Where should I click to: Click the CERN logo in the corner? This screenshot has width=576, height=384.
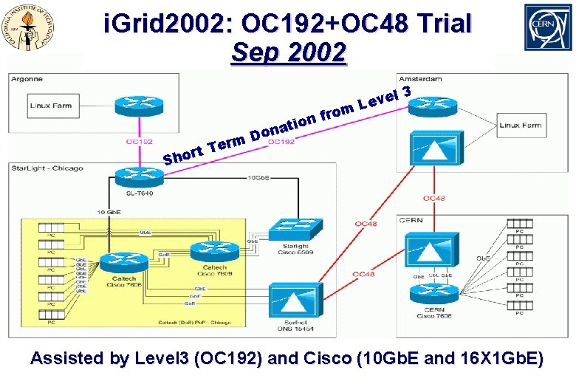(x=547, y=27)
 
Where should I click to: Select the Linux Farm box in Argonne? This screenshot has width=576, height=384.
(x=51, y=106)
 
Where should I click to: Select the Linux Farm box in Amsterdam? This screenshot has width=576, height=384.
(x=521, y=126)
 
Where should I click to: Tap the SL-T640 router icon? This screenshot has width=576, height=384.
(x=133, y=176)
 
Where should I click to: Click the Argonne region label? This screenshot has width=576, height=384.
(x=27, y=79)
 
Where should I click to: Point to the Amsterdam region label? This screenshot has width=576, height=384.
(x=419, y=78)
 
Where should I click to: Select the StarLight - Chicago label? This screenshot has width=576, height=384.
(x=46, y=168)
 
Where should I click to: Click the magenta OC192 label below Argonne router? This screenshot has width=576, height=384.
(x=140, y=142)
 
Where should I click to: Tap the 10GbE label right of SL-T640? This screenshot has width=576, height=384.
(x=258, y=178)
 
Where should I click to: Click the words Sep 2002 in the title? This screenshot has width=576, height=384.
(x=288, y=53)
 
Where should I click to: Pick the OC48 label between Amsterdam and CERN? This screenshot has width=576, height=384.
(x=433, y=198)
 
